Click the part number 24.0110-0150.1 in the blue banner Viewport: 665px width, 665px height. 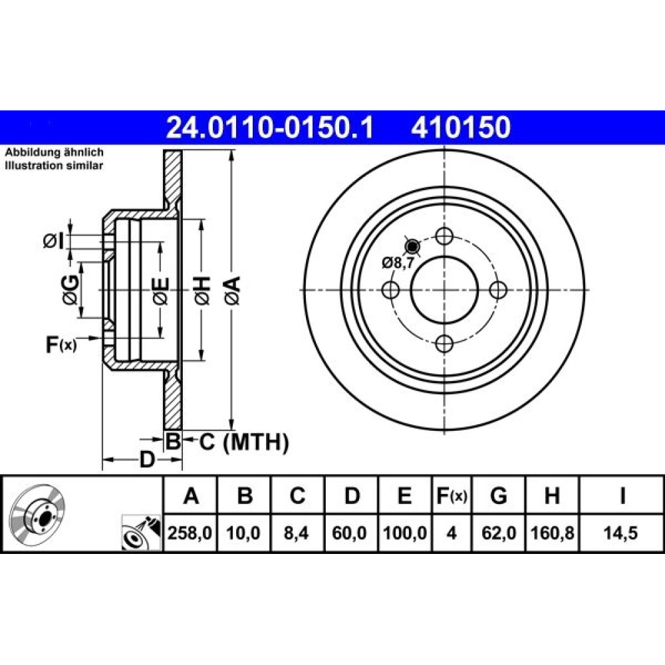270,128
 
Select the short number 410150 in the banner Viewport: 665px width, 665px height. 461,128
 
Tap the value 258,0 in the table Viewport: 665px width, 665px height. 190,533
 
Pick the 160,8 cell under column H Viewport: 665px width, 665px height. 552,533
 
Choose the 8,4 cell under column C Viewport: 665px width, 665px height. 297,533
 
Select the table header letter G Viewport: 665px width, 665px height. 498,495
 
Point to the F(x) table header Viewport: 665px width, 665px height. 452,495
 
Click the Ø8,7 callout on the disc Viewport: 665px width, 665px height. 398,263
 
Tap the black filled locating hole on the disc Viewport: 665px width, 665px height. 412,245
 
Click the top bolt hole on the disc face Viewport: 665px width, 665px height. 444,236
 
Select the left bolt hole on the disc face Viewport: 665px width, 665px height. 390,290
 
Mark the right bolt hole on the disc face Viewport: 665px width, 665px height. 498,290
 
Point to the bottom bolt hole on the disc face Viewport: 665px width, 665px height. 444,344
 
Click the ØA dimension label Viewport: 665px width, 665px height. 233,291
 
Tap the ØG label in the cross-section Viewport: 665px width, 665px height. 70,290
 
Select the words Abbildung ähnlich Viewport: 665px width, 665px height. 54,152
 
